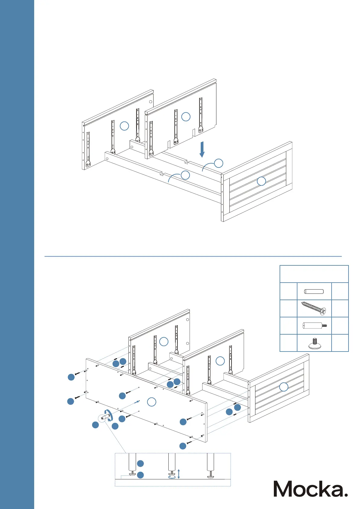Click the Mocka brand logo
coord(310,489)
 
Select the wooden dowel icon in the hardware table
coord(314,292)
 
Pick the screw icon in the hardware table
coord(314,308)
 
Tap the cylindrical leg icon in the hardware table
coord(314,326)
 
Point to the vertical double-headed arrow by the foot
coord(179,474)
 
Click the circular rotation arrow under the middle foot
coord(172,477)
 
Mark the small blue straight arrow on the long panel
coord(137,402)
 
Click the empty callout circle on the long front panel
coord(151,402)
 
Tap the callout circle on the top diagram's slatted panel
coord(261,181)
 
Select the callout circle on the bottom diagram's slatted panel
coord(284,387)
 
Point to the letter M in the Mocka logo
coord(285,489)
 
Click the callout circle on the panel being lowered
coord(186,117)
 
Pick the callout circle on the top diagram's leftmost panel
coord(125,126)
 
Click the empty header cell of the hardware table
coord(314,274)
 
